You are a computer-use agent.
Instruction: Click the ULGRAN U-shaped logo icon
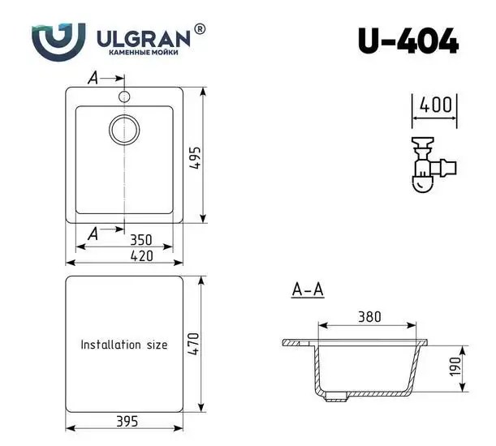coord(58,40)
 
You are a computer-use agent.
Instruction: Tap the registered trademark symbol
coord(201,29)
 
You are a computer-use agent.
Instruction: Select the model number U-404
coord(408,41)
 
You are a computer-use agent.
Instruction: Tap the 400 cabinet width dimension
coord(436,105)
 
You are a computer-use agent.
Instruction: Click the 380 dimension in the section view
coord(370,317)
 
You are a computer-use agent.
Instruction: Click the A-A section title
coord(308,289)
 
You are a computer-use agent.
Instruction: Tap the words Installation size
coord(123,345)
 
